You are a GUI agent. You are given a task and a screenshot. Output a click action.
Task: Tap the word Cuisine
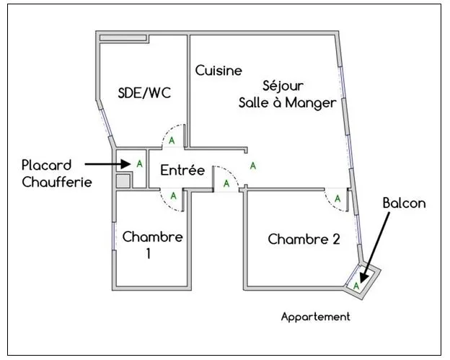(x=219, y=70)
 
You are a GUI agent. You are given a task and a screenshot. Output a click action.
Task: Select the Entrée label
(x=183, y=171)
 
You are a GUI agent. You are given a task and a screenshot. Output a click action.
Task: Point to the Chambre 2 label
(x=304, y=239)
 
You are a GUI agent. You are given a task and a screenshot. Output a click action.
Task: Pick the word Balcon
(x=404, y=203)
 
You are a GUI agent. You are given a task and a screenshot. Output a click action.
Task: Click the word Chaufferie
(x=57, y=182)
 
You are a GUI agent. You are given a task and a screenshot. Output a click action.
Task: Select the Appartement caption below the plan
(x=315, y=317)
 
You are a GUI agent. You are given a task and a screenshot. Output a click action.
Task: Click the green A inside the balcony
(x=356, y=286)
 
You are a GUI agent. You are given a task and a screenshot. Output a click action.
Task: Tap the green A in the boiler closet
(x=138, y=164)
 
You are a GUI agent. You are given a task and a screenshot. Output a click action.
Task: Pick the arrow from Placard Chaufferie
(x=101, y=165)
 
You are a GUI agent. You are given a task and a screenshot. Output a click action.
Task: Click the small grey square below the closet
(x=123, y=181)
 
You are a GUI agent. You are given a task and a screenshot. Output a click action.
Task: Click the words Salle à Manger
(x=287, y=102)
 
